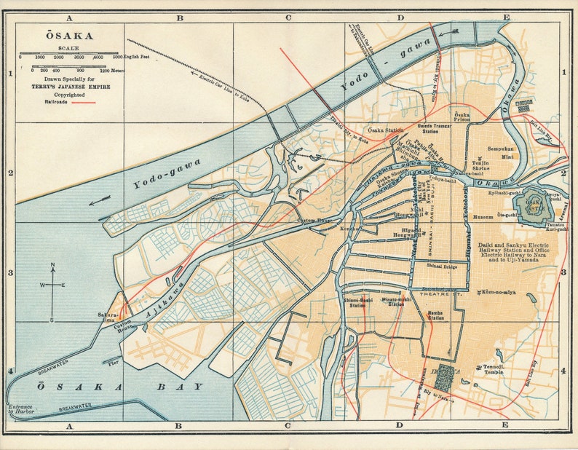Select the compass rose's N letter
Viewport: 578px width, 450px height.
[x=52, y=266]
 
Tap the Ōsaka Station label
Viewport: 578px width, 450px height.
[x=384, y=131]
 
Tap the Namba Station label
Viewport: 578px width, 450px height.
[x=435, y=315]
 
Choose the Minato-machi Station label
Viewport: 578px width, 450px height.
[x=396, y=301]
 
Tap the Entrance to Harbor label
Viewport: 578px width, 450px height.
[x=21, y=409]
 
